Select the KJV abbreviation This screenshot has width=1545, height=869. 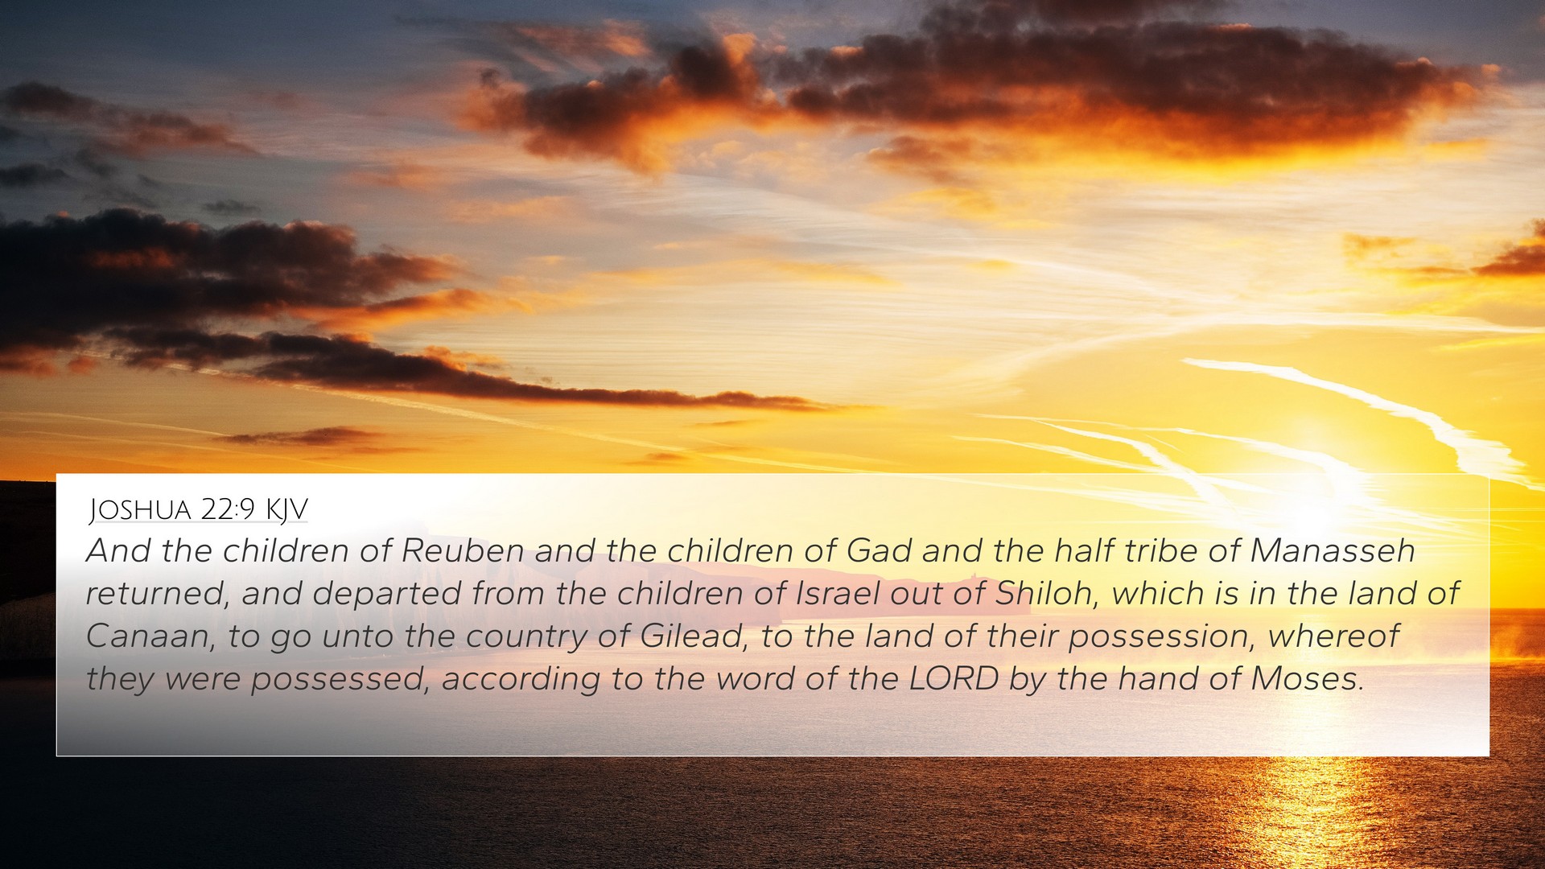pyautogui.click(x=286, y=510)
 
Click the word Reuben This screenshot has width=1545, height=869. pyautogui.click(x=463, y=551)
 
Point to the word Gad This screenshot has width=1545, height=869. pyautogui.click(x=879, y=551)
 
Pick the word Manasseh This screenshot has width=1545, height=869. pyautogui.click(x=1333, y=551)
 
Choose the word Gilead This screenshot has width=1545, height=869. pyautogui.click(x=691, y=637)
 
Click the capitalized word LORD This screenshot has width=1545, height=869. pyautogui.click(x=954, y=679)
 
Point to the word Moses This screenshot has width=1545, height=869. pyautogui.click(x=1308, y=679)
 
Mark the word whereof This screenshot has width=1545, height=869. pyautogui.click(x=1334, y=636)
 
